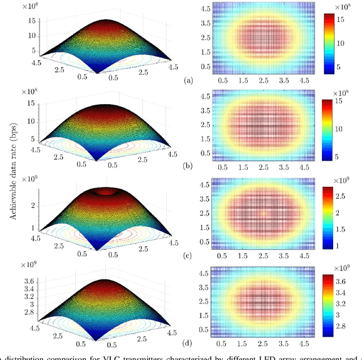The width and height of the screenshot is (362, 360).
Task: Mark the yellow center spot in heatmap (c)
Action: point(263,213)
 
